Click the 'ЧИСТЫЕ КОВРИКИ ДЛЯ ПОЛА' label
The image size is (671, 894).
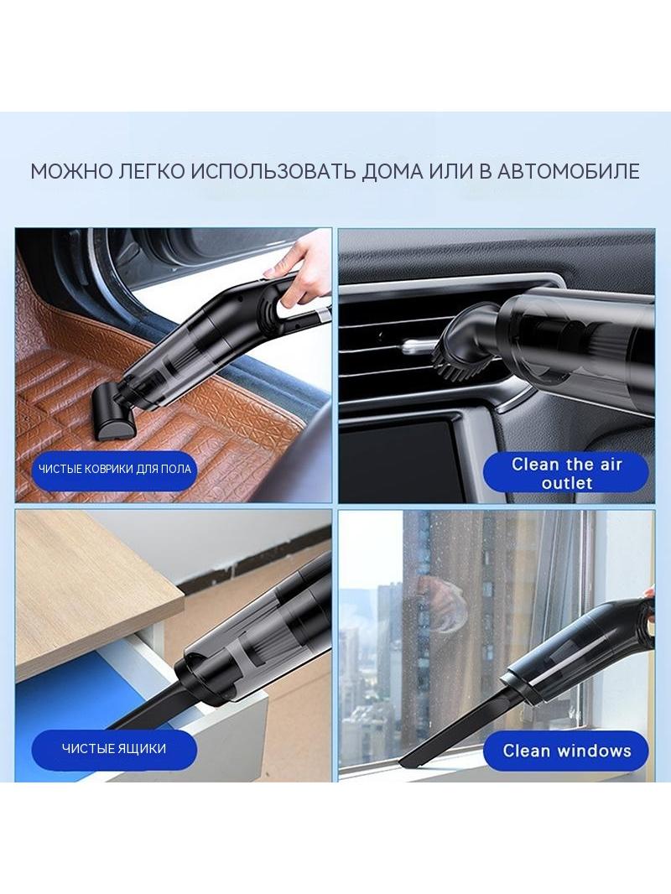(x=115, y=470)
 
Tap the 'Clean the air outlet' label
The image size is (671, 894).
(x=566, y=473)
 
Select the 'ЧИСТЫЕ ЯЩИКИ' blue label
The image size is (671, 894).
(x=114, y=749)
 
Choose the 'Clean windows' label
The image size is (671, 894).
(x=566, y=751)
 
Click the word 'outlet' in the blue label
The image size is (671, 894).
(x=567, y=483)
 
